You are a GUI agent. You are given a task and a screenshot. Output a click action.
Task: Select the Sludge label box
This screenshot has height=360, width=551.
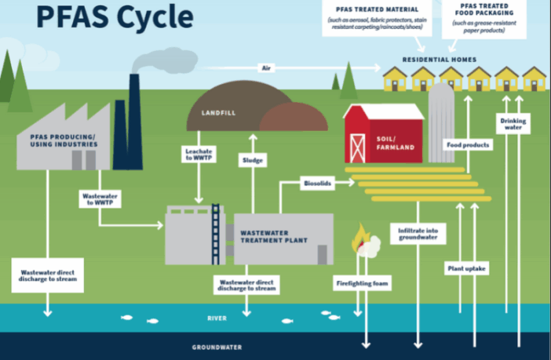pyautogui.click(x=252, y=160)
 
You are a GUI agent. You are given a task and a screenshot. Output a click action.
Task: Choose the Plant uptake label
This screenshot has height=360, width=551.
pyautogui.click(x=466, y=268)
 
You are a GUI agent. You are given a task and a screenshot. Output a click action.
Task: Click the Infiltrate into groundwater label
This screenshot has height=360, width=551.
pyautogui.click(x=418, y=233)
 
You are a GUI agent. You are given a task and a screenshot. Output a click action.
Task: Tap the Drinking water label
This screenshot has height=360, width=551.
pyautogui.click(x=513, y=124)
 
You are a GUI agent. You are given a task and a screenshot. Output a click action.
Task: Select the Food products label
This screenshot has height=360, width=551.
pyautogui.click(x=468, y=145)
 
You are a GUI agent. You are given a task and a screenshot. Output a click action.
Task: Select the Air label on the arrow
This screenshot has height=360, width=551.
pyautogui.click(x=266, y=68)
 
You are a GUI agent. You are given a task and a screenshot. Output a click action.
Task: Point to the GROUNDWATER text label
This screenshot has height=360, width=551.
pyautogui.click(x=217, y=347)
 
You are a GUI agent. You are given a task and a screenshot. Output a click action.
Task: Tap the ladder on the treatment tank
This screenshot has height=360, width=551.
pyautogui.click(x=214, y=233)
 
